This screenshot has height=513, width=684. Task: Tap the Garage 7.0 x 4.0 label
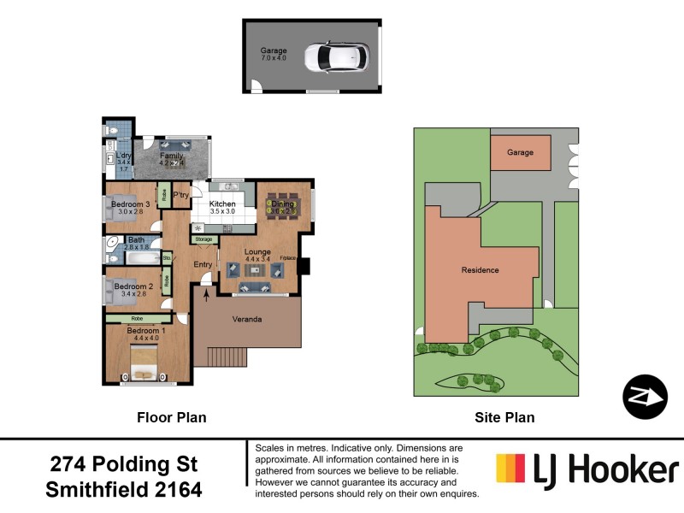point(274,55)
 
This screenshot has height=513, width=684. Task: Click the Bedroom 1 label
point(145,330)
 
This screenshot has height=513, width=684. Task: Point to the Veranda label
point(247,320)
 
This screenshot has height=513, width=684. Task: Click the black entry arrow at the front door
point(206,296)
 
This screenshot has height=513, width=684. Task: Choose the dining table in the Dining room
point(282,204)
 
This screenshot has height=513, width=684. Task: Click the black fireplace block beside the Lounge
point(303,265)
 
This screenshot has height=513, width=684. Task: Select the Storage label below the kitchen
point(203,239)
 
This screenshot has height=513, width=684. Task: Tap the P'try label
point(180,196)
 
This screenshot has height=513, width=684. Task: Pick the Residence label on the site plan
point(480,269)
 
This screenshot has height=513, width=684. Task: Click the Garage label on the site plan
point(520,152)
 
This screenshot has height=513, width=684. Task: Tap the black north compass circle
point(645,397)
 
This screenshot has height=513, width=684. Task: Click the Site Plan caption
point(504,417)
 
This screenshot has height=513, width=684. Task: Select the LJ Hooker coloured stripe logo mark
point(511,469)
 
